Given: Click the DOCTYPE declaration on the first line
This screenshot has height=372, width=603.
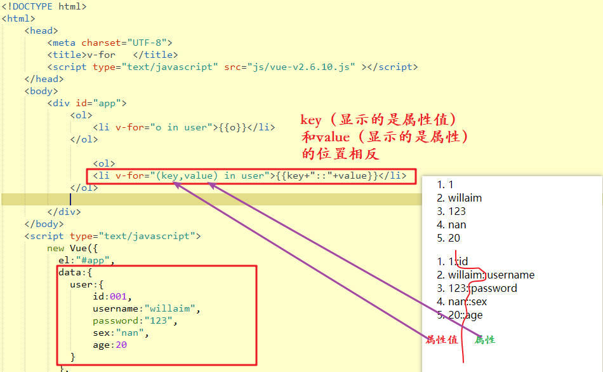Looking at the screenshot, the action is click(x=44, y=7).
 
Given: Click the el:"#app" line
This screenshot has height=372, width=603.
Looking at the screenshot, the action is click(x=86, y=260).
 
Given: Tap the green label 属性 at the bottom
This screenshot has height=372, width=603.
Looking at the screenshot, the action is click(x=485, y=340).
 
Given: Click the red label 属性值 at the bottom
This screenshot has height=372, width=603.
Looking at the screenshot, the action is click(x=442, y=340).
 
